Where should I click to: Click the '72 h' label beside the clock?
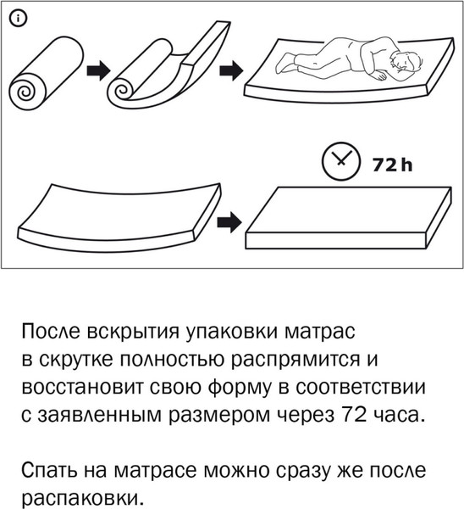click(x=391, y=163)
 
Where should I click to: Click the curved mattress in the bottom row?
click(x=114, y=210)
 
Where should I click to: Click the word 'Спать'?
click(x=49, y=469)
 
